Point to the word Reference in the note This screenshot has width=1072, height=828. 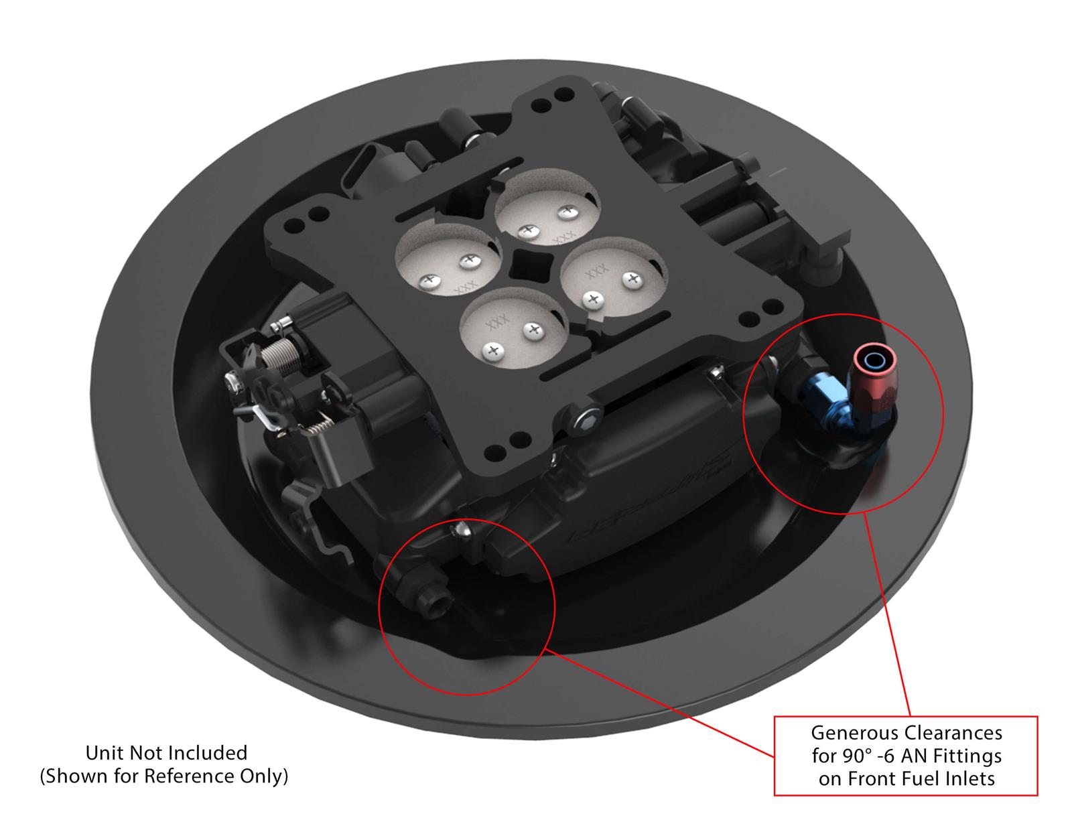click(x=196, y=776)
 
